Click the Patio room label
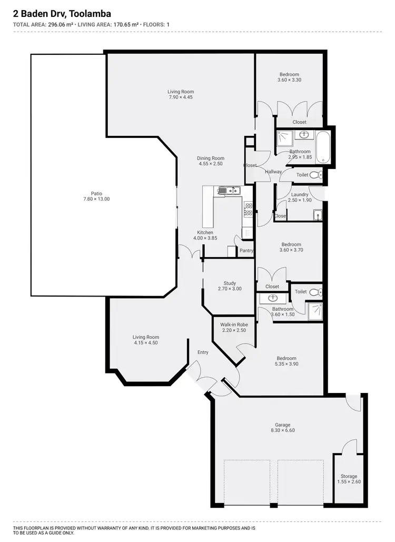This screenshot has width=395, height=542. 92,193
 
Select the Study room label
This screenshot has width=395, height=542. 230,283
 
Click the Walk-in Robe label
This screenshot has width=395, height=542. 234,324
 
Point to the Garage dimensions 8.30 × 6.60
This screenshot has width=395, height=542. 282,431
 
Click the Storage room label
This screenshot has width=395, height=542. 348,476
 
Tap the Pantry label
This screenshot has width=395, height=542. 246,251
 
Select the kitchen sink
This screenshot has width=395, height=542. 228,190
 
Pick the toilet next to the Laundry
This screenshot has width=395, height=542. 315,175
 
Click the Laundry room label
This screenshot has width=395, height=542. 300,194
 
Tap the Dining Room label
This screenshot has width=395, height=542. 211,158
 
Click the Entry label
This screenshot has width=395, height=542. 203,352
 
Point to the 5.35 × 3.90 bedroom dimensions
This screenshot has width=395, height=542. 286,364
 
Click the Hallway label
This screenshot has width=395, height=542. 273,172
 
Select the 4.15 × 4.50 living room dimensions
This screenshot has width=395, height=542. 145,343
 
